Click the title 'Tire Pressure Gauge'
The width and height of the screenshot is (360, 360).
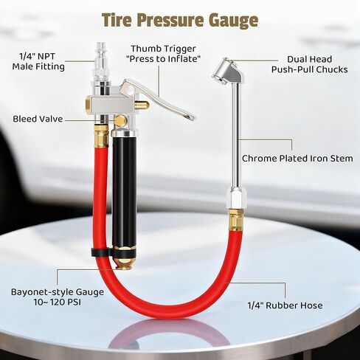tap(179, 19)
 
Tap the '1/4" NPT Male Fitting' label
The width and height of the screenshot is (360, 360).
tap(38, 61)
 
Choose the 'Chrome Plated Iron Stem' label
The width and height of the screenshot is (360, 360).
tap(297, 158)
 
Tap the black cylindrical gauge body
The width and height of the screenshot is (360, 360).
tap(124, 192)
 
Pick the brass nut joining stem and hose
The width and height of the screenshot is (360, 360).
tap(236, 219)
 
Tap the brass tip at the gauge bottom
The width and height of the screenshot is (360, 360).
tap(123, 260)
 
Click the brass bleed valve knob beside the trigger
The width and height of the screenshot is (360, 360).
tap(119, 120)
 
